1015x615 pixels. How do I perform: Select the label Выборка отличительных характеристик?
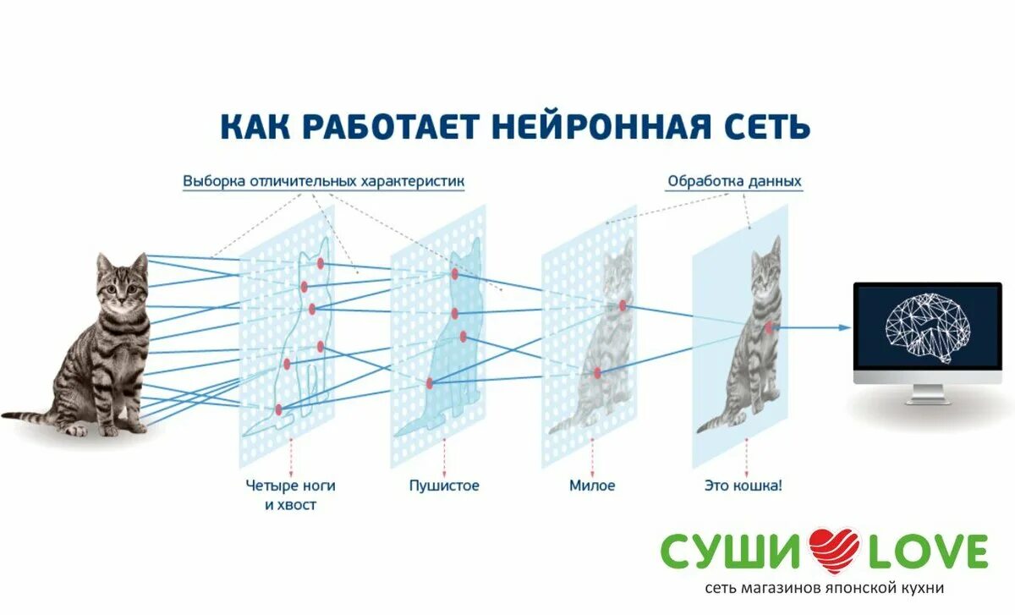323,181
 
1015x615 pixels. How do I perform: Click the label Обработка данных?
734,181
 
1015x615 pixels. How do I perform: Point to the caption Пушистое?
444,486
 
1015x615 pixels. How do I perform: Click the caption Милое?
592,486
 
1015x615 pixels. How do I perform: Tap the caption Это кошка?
743,486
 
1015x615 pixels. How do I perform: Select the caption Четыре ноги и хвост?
291,495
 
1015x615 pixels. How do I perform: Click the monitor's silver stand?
927,393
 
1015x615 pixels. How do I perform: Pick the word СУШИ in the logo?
732,552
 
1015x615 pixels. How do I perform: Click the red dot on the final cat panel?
769,327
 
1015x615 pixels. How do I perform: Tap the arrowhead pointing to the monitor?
845,327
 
